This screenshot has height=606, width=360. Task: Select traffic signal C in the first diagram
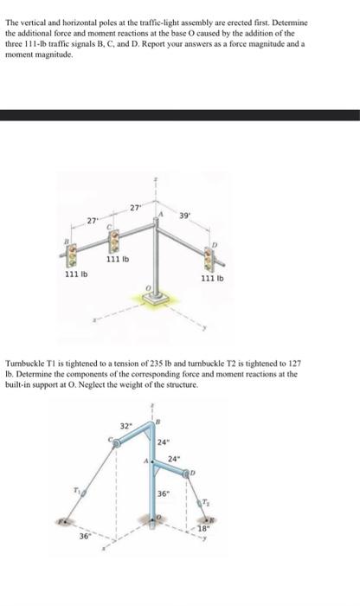(110, 237)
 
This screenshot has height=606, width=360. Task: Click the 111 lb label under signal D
(213, 279)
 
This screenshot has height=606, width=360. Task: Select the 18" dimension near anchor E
(203, 526)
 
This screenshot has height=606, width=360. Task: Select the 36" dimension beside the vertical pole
(164, 493)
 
